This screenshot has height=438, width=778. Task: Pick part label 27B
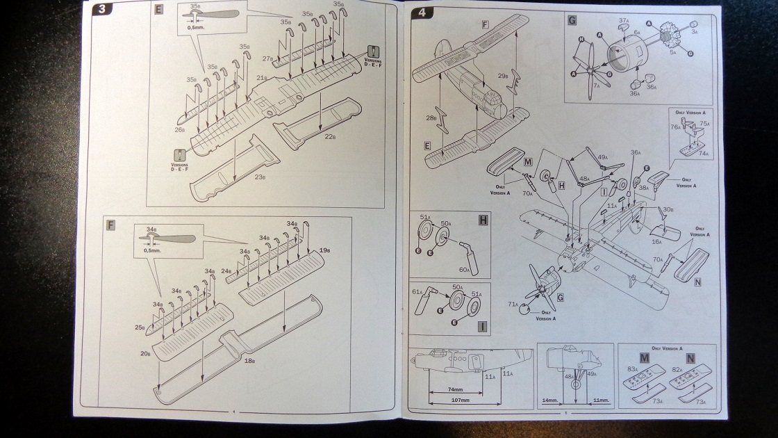(x=267, y=58)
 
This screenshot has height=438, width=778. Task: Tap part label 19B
(x=324, y=250)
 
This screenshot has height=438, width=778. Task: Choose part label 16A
(x=656, y=242)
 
